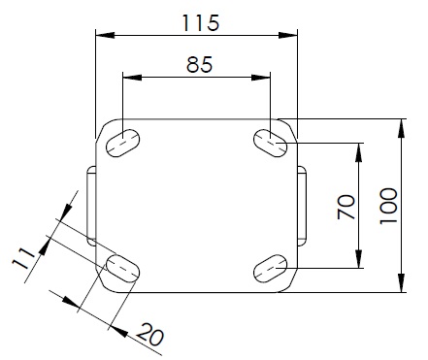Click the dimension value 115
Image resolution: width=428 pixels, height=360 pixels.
pos(201,22)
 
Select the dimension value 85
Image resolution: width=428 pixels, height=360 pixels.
pos(200,64)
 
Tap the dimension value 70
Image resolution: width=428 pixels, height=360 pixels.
pos(346,207)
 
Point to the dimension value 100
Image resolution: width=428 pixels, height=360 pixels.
pos(388,206)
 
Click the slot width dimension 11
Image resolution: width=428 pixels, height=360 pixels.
pos(23,258)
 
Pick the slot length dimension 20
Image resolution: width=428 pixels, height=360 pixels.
pos(150,334)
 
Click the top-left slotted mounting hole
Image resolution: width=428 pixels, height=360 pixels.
pos(123,143)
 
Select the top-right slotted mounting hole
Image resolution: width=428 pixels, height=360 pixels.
pos(270,143)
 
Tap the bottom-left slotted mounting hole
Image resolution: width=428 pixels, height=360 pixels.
pos(123,269)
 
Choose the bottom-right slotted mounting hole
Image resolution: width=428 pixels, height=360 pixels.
pos(270,269)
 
